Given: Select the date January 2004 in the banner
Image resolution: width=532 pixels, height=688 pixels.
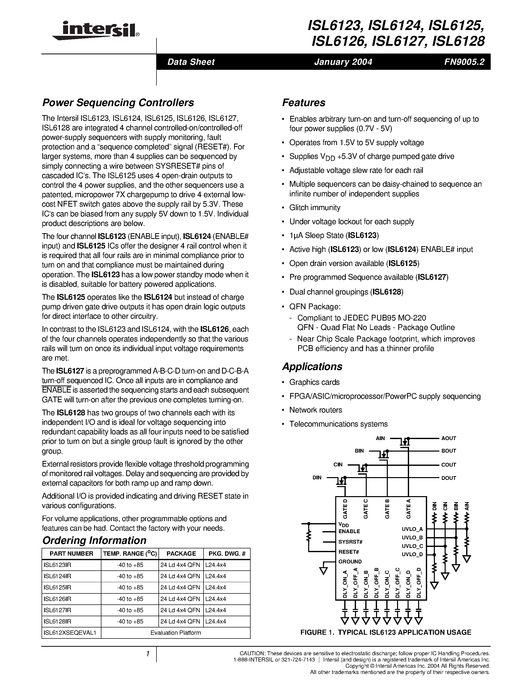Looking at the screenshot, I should click(x=343, y=62).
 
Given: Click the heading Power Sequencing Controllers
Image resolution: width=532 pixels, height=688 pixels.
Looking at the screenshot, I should click(x=118, y=103).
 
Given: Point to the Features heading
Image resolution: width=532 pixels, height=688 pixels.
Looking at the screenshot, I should click(x=303, y=103).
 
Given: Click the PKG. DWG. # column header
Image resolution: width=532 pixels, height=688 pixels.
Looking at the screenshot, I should click(x=227, y=553).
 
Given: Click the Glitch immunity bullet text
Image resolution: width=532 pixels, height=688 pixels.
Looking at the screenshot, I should click(x=315, y=208).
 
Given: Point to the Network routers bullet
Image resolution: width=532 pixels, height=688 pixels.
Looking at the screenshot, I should click(x=315, y=410).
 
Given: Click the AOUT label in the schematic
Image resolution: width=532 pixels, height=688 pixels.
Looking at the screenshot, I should click(x=448, y=438).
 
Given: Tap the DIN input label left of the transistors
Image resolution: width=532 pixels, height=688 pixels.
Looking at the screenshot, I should click(x=317, y=478).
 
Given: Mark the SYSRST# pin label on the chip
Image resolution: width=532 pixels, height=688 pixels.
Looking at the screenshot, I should click(x=350, y=542).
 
